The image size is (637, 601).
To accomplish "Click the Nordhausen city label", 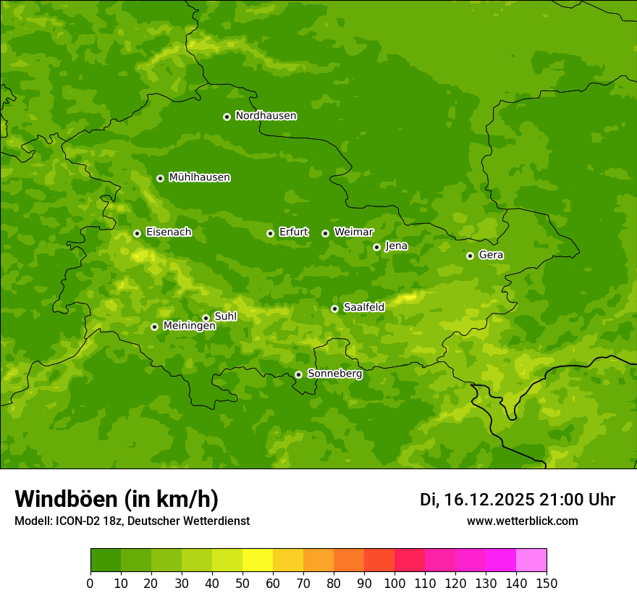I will (x=266, y=116).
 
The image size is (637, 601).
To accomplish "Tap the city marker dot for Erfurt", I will (x=270, y=233).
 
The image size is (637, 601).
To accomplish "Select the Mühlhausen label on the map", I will (x=199, y=177).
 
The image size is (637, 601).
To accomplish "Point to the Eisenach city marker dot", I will (x=137, y=233).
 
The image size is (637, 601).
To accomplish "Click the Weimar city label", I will (x=353, y=232).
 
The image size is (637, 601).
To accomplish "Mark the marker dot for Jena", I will (x=376, y=247).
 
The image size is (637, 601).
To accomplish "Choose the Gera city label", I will (x=491, y=255).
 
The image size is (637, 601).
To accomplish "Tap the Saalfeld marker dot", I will (x=334, y=308).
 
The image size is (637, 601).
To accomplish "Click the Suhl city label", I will (x=225, y=316).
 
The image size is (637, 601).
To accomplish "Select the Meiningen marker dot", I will (x=154, y=327).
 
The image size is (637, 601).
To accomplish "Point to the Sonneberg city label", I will (x=334, y=374).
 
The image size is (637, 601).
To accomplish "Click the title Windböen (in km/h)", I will (x=117, y=499).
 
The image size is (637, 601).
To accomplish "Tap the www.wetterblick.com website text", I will (x=522, y=521).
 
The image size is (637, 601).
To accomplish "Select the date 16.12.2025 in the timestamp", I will (x=489, y=500).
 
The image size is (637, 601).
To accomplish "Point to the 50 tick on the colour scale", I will (x=242, y=583).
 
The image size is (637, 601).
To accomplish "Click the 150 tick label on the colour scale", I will (x=547, y=583).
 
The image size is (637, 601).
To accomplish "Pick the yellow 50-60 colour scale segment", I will (x=258, y=560).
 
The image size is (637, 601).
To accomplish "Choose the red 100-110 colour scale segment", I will (x=410, y=560).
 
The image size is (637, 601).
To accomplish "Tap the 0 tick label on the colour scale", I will (x=90, y=583).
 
